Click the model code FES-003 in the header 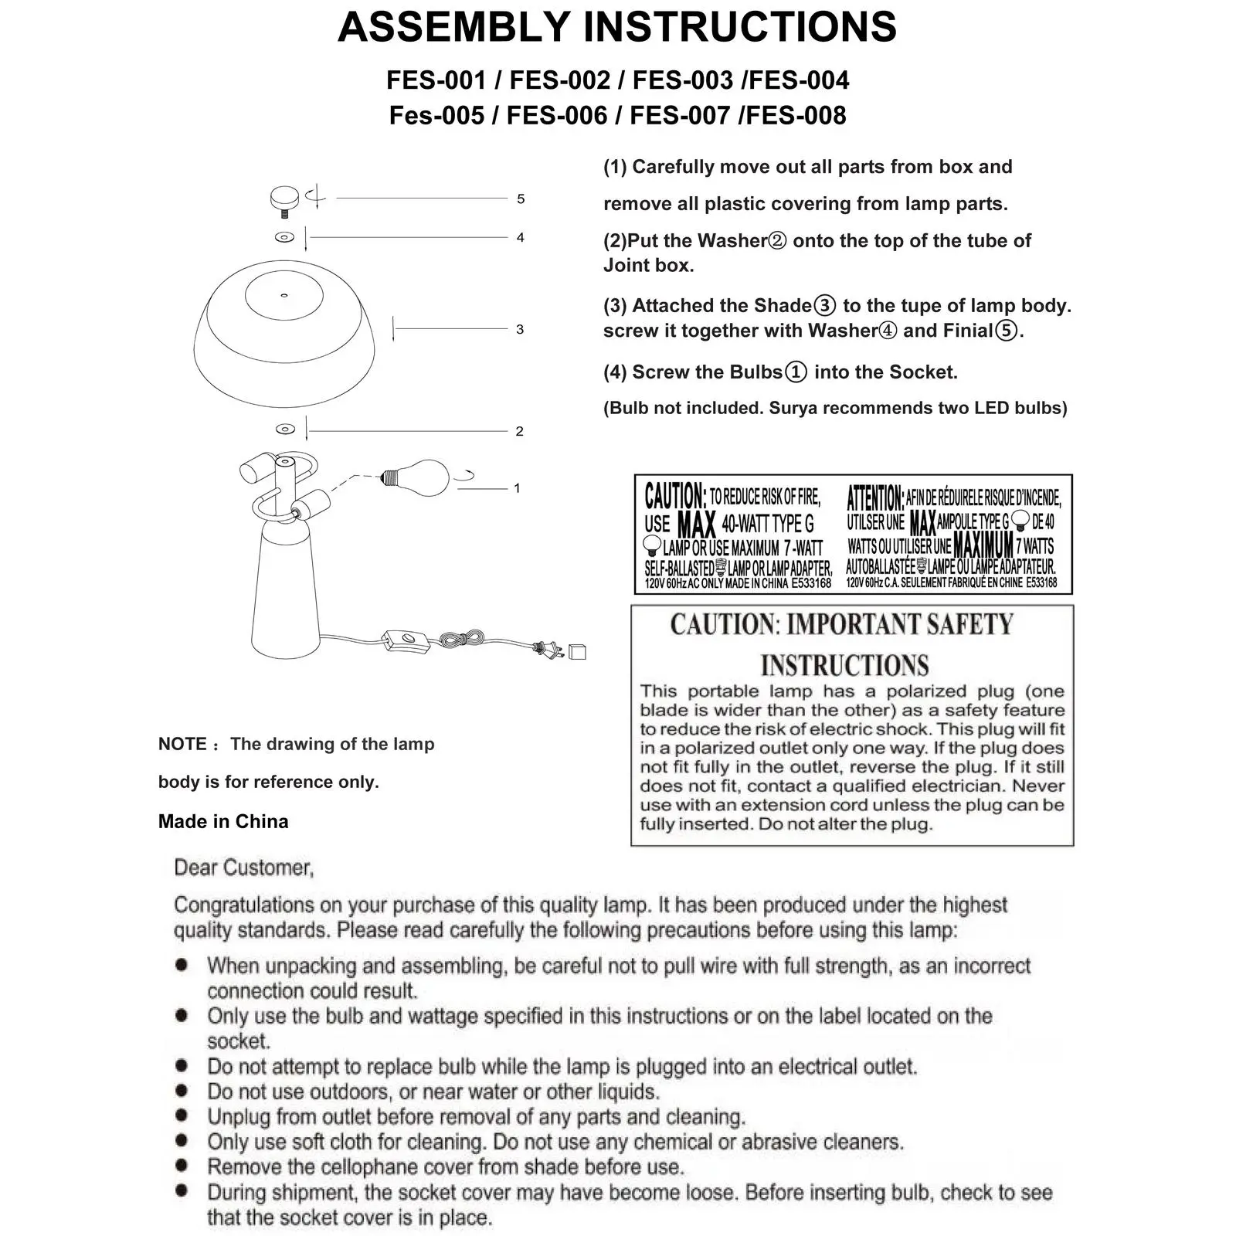tap(682, 80)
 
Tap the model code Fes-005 tap(436, 116)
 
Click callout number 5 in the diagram tap(521, 199)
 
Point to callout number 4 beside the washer tap(521, 238)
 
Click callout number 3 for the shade tap(520, 330)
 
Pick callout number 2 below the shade tap(519, 432)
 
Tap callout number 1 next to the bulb tap(517, 488)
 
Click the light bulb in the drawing tap(416, 477)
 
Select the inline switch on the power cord tap(405, 640)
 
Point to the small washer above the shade tap(284, 237)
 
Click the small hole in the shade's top tap(284, 295)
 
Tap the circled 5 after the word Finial tap(1006, 331)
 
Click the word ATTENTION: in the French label tap(874, 497)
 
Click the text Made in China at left tap(223, 822)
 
